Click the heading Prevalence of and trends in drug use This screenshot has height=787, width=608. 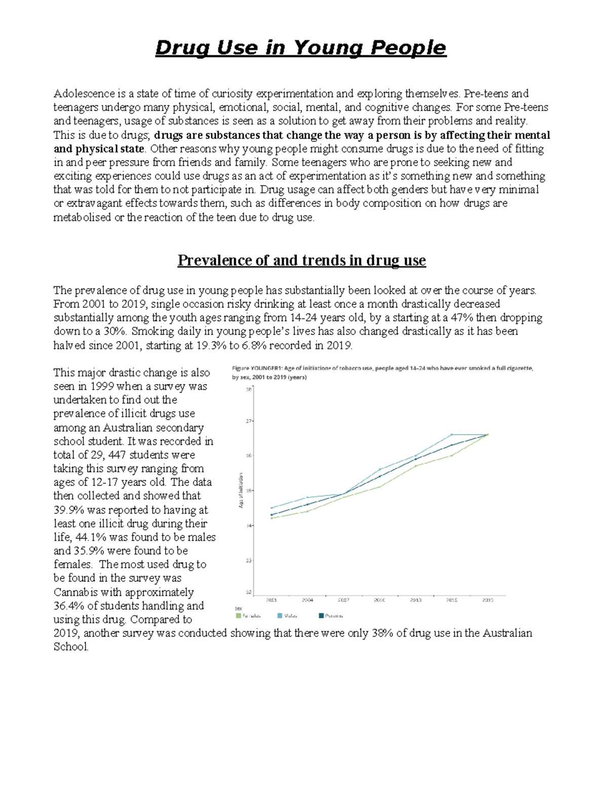pos(301,260)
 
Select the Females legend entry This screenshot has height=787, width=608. pos(248,616)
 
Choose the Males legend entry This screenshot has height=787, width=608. pos(287,616)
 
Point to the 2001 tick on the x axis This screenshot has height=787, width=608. pos(272,600)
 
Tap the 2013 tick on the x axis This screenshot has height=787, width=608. pos(415,600)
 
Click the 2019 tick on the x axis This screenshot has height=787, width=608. pos(487,600)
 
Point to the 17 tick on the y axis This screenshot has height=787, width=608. pos(249,421)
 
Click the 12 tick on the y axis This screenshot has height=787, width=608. pos(249,592)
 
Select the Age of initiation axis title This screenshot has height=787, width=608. pos(241,490)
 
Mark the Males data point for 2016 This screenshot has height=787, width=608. pos(452,434)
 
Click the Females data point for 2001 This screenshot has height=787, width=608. pos(272,518)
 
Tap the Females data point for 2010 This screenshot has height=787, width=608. pos(380,486)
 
